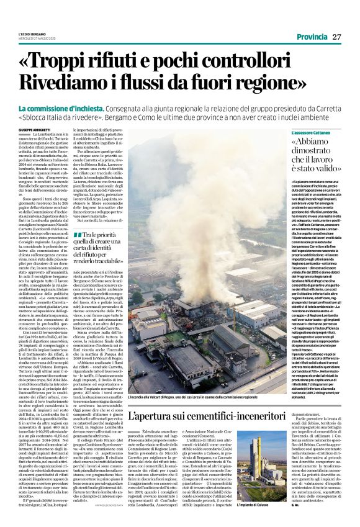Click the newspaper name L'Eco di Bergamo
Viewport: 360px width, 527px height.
[x=32, y=34]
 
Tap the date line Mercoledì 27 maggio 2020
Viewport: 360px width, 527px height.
[x=38, y=38]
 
